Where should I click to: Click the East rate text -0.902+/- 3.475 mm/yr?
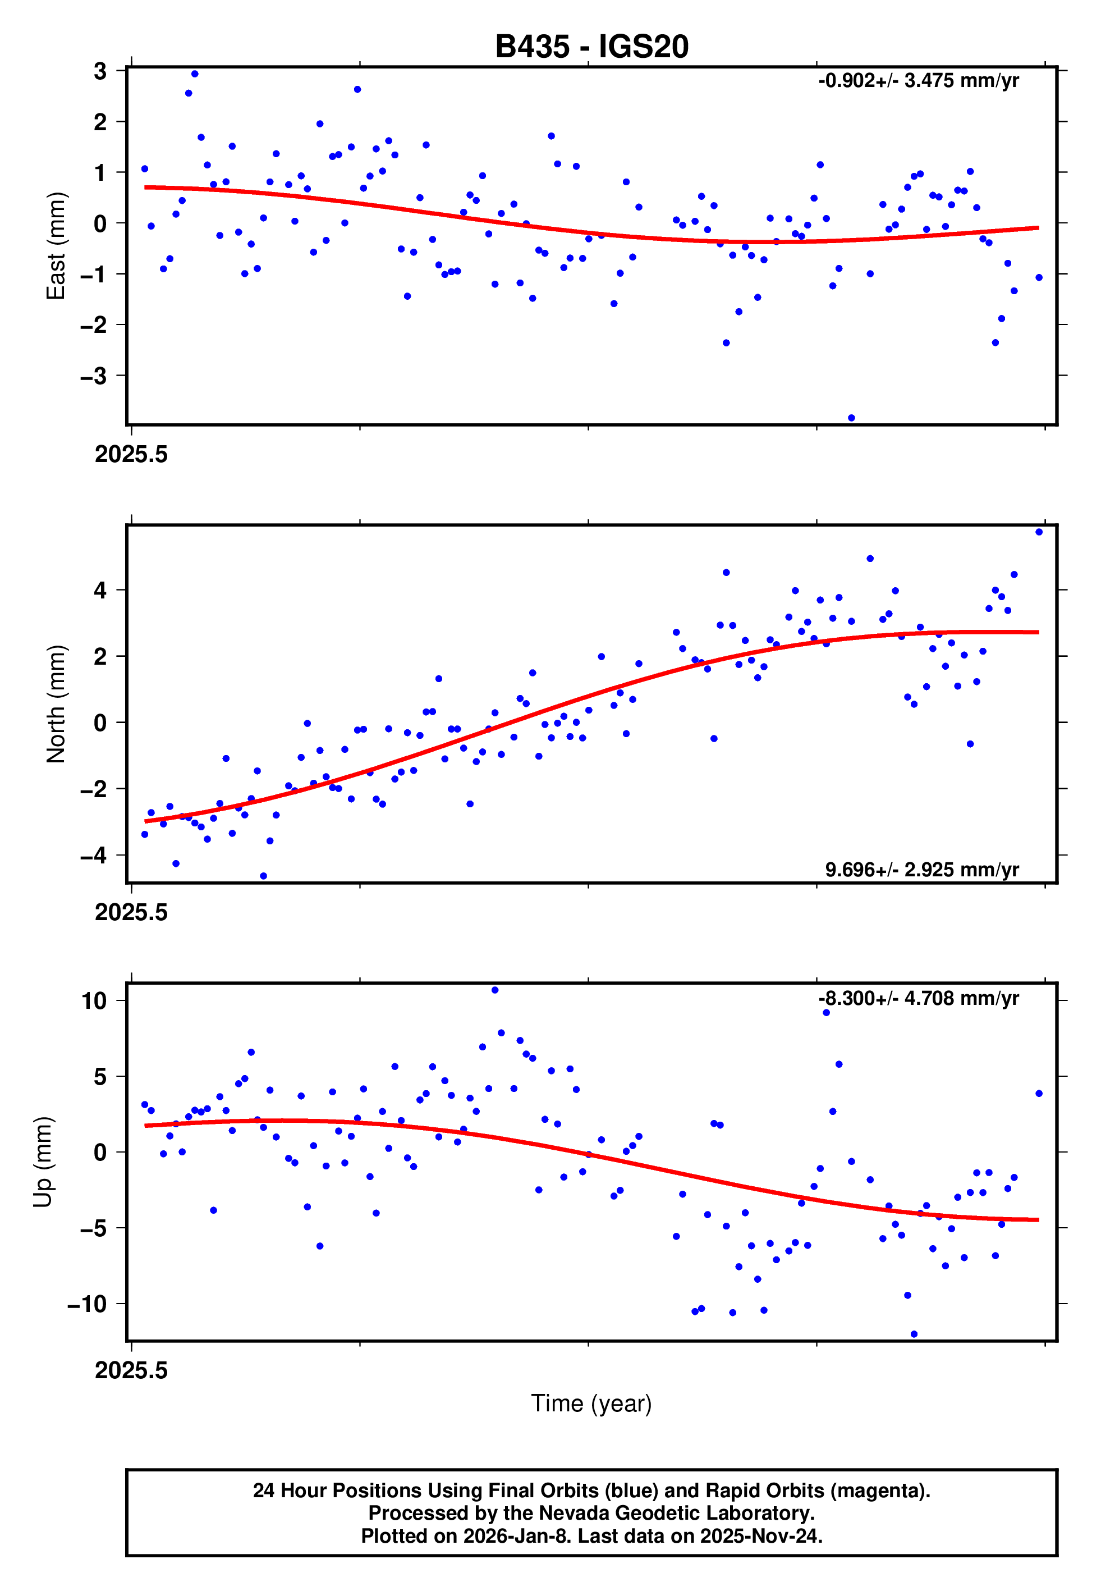[918, 81]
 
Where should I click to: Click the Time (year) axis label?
[591, 1403]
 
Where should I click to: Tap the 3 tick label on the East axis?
[100, 71]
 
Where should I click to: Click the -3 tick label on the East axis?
[94, 376]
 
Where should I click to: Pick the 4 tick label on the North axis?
[100, 590]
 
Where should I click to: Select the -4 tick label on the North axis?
[94, 856]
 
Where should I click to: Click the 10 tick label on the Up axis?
[94, 1000]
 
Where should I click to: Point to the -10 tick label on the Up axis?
[88, 1304]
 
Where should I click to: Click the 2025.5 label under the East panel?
[131, 455]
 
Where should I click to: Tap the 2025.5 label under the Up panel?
[131, 1370]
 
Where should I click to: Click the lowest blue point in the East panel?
[851, 418]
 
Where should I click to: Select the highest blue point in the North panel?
[1038, 532]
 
